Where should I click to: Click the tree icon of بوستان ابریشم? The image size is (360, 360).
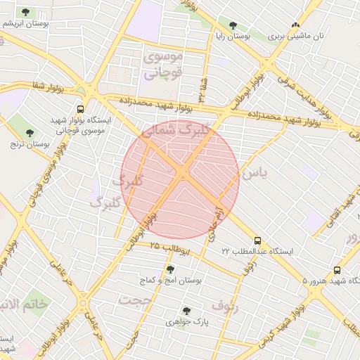[26, 13]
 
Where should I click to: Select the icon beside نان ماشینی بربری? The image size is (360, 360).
[296, 25]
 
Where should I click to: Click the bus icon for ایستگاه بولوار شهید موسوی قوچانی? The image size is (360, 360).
[81, 110]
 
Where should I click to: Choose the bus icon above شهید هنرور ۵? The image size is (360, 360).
[337, 270]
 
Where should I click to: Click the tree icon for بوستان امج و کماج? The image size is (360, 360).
[169, 269]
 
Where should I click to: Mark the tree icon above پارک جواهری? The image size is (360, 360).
[186, 310]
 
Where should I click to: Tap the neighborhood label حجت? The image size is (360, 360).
[135, 300]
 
